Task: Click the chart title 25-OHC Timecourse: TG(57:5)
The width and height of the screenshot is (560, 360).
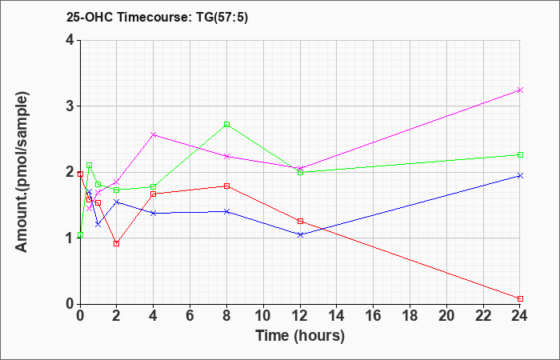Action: pos(157,17)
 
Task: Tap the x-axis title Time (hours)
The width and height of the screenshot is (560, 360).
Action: pos(300,336)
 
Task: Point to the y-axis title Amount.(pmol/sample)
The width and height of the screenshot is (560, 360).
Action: pos(22,172)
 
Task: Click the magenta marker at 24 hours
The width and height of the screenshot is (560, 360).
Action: pos(520,90)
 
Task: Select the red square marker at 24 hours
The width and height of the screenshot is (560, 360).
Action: pos(520,298)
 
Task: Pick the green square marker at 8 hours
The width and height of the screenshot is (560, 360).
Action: pos(226,124)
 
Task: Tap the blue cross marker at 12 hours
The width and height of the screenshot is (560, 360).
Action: pos(300,234)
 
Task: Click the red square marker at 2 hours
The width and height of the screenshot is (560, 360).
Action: pos(117,243)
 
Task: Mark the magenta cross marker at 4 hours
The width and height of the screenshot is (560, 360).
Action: pos(154,134)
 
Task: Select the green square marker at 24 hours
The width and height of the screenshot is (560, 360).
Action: pos(520,154)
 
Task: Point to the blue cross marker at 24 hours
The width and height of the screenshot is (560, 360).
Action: pos(520,175)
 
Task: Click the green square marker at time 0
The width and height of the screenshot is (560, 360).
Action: pos(80,234)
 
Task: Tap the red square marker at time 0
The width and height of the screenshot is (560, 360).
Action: pos(80,174)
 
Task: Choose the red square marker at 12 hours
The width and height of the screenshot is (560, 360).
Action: pos(300,222)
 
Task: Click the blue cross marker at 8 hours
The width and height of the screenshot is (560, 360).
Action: pos(226,211)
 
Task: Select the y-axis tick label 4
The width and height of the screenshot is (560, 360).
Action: pos(70,40)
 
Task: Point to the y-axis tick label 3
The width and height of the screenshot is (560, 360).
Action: pos(70,106)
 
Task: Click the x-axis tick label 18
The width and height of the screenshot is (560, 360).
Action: pos(410,316)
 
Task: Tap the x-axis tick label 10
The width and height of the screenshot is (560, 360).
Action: pos(263,316)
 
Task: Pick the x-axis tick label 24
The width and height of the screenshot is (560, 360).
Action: pos(520,316)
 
